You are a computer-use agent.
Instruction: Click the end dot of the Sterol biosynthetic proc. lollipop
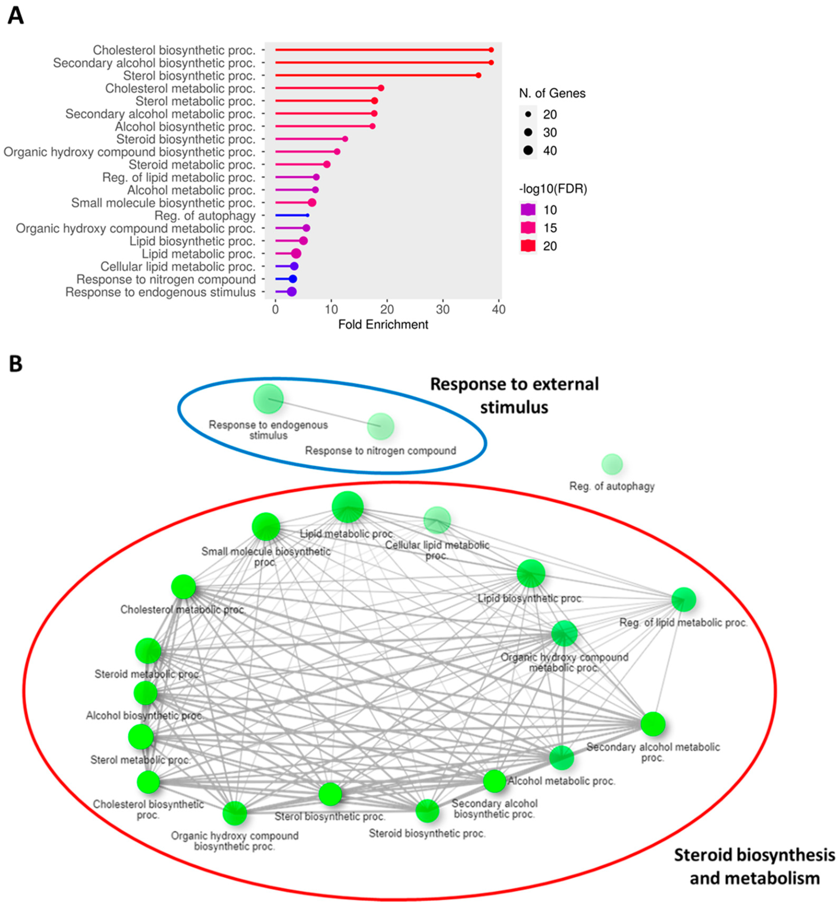(x=478, y=75)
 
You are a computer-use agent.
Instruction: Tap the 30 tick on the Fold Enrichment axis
(x=443, y=309)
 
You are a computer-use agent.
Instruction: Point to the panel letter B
(x=16, y=364)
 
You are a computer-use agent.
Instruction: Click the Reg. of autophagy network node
(x=612, y=464)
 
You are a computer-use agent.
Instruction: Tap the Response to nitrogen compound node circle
(x=380, y=426)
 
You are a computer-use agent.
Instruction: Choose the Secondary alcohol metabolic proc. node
(x=653, y=724)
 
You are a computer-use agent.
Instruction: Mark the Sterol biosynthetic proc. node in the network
(x=330, y=794)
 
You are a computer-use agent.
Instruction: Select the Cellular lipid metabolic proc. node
(x=437, y=520)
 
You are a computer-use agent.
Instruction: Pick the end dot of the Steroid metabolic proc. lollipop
(x=326, y=164)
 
